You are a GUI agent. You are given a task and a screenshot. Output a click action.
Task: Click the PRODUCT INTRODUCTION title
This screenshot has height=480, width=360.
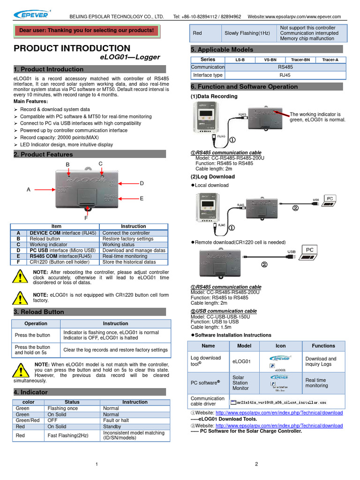[72, 48]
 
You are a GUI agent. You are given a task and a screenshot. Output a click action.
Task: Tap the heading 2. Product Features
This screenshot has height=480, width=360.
[43, 155]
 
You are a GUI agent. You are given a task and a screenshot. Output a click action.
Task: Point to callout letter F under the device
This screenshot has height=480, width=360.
[86, 218]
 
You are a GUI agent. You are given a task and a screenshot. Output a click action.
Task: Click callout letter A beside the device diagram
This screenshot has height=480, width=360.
[29, 190]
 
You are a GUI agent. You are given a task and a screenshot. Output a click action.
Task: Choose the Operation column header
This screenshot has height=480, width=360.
[36, 323]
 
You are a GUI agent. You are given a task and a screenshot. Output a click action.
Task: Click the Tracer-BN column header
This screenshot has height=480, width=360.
[300, 60]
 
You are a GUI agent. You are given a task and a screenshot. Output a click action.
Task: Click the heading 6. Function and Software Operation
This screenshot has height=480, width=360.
[244, 87]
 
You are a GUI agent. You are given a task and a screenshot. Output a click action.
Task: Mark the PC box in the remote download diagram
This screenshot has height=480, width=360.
[310, 250]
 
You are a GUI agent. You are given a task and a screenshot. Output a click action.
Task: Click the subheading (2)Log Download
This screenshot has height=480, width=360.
[213, 177]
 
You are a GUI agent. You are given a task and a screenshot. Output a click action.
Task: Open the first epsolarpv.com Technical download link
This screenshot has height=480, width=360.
[279, 412]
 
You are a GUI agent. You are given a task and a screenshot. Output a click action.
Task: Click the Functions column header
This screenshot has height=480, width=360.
[323, 346]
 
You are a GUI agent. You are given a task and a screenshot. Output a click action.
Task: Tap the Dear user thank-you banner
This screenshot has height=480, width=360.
[86, 30]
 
